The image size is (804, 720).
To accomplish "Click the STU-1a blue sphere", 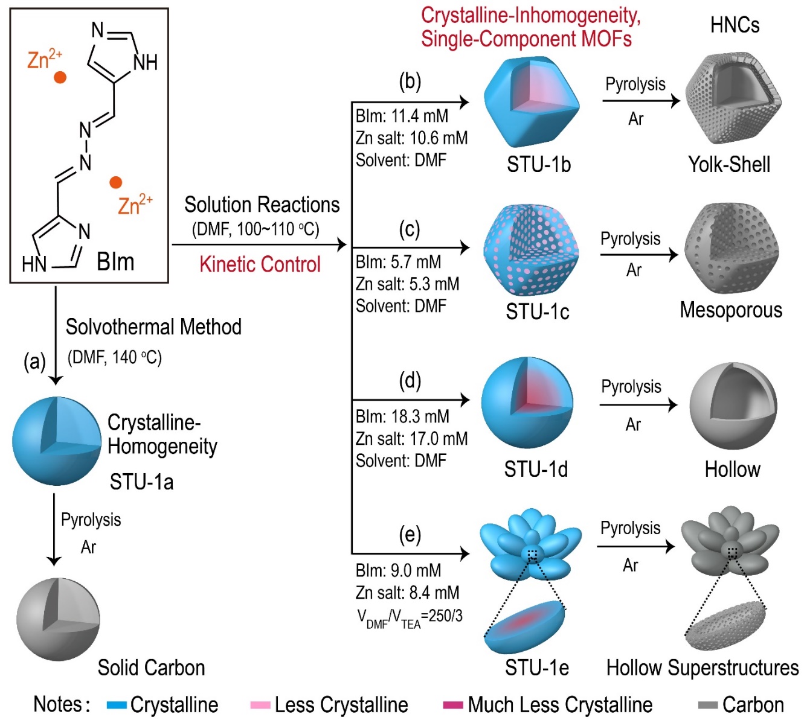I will click(x=56, y=441).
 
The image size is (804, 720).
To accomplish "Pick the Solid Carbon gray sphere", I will click(x=57, y=619).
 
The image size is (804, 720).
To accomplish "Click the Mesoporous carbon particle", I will click(x=732, y=249).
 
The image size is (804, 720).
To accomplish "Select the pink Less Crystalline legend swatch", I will click(x=260, y=705).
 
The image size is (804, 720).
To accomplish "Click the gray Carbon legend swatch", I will click(x=707, y=705).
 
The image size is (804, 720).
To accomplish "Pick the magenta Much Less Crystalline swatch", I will click(x=453, y=705).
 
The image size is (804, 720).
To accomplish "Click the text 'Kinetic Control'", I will click(x=260, y=264).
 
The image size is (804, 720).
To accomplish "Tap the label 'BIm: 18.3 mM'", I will click(x=402, y=416).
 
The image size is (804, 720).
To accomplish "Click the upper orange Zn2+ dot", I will click(x=60, y=77).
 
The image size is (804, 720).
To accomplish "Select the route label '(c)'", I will click(x=410, y=229).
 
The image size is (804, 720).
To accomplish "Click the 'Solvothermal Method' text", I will click(x=153, y=327).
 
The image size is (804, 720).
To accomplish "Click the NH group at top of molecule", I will click(x=145, y=62).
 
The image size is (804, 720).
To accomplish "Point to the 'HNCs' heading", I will click(x=735, y=25).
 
